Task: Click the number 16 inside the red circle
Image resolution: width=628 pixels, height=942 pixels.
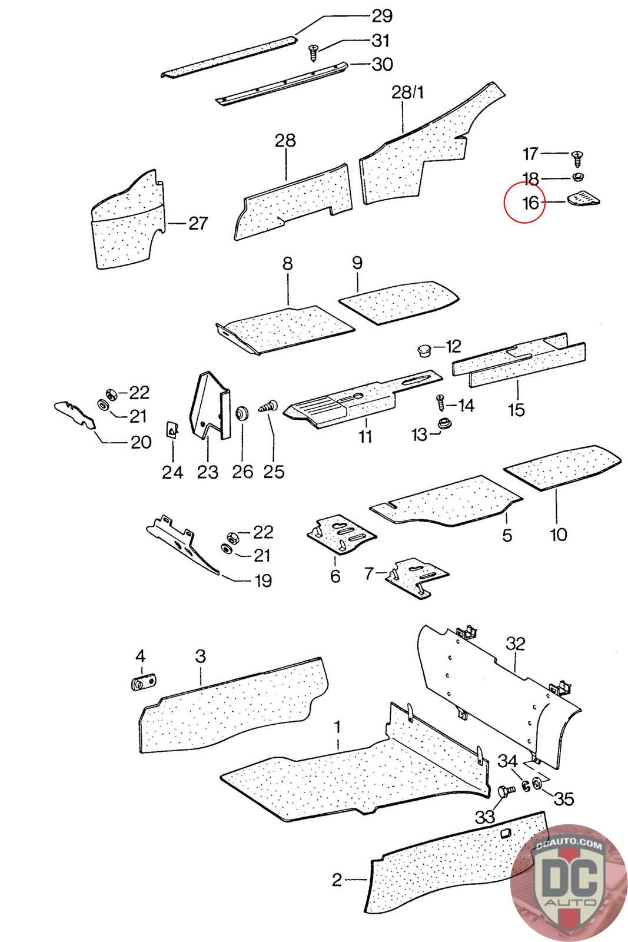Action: [x=530, y=203]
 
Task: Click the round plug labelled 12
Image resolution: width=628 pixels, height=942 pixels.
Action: [x=423, y=351]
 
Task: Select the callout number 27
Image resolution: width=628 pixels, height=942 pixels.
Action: [x=198, y=224]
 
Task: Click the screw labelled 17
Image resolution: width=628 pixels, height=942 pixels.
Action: [x=577, y=157]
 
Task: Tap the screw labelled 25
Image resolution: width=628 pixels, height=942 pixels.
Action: [x=269, y=407]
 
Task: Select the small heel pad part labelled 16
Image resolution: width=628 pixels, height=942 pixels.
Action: [x=583, y=200]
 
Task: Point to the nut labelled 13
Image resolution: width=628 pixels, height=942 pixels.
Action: [x=444, y=424]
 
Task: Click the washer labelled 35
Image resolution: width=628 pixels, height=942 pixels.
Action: [x=537, y=784]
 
